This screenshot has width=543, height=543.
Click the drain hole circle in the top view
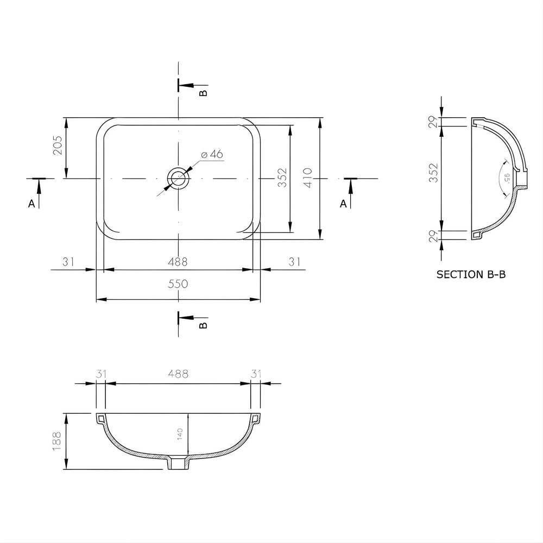pyautogui.click(x=178, y=178)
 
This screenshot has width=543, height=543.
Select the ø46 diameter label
pyautogui.click(x=212, y=154)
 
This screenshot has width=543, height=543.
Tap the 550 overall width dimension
pyautogui.click(x=178, y=284)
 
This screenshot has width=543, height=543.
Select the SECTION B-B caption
pyautogui.click(x=471, y=275)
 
